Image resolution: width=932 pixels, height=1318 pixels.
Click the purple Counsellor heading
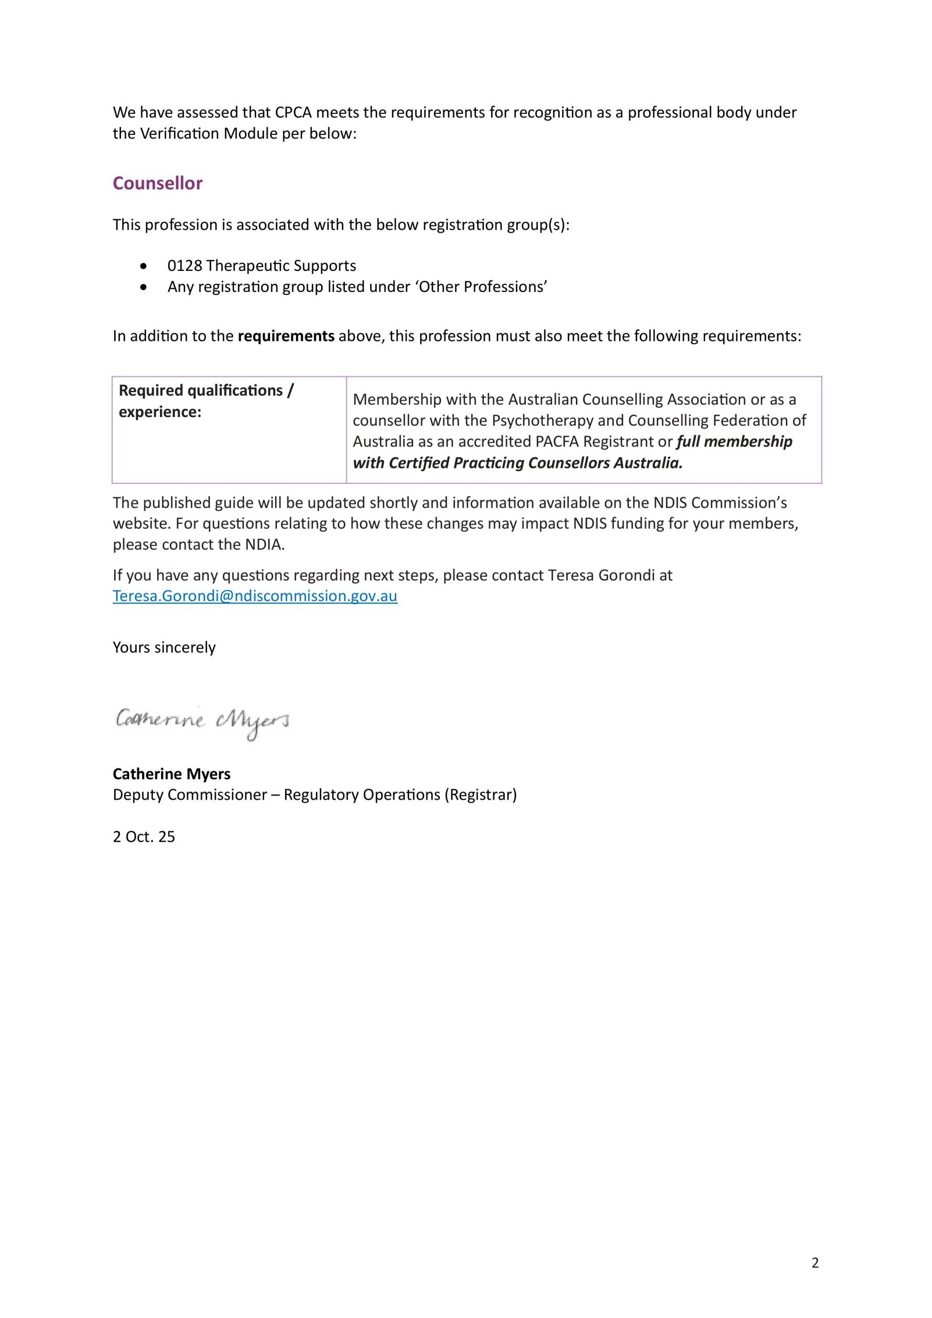157,183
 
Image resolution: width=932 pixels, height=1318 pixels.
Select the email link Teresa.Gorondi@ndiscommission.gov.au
255,596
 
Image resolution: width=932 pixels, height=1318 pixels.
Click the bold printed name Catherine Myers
171,774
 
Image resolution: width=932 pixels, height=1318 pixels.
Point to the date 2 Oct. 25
144,837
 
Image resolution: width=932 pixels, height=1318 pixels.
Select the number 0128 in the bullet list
184,266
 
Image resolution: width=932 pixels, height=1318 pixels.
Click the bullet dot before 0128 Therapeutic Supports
144,266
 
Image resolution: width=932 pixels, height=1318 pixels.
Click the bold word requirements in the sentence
286,336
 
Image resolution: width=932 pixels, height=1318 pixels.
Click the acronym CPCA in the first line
293,113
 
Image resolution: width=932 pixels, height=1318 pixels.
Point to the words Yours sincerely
164,648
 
